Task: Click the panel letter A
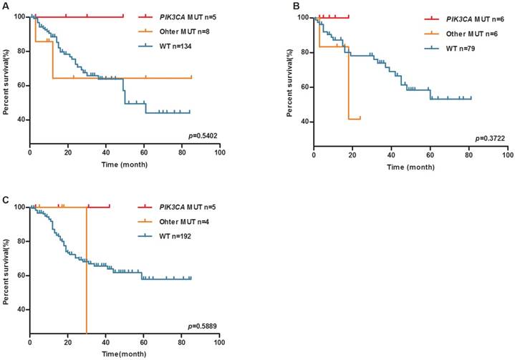pos(6,6)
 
